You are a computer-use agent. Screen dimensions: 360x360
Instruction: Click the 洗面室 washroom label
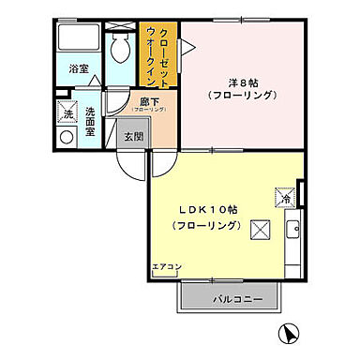90,122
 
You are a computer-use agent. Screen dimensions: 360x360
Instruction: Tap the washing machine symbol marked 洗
67,114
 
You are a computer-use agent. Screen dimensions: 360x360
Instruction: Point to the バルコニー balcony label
229,298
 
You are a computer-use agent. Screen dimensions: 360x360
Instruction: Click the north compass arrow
291,331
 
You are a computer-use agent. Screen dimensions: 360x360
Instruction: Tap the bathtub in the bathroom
79,38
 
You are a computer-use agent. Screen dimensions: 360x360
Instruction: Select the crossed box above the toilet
120,23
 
